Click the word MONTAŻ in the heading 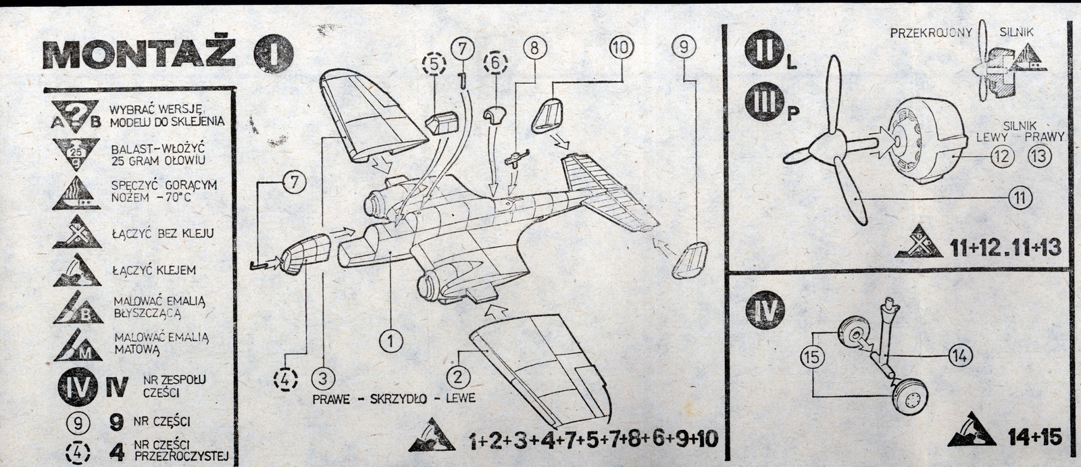tap(139, 52)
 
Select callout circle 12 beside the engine tap(1003, 156)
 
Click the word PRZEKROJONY tap(931, 32)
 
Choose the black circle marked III tap(765, 105)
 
